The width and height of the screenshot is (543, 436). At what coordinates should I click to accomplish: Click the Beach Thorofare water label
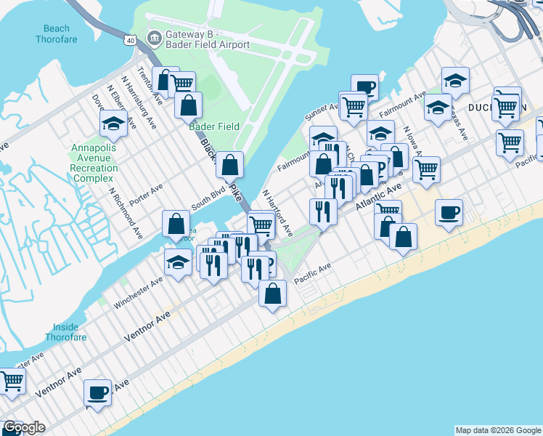[56, 34]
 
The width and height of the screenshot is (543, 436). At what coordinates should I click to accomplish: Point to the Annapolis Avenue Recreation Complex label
[94, 163]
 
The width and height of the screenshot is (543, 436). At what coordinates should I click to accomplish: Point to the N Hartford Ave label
[277, 213]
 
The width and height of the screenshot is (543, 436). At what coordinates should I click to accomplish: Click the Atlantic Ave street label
[378, 197]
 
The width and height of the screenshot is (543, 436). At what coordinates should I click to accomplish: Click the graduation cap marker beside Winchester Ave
[178, 262]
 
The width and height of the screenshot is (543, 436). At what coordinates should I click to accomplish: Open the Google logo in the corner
[23, 427]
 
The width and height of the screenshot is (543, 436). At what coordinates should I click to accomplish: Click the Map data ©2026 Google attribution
[498, 430]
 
